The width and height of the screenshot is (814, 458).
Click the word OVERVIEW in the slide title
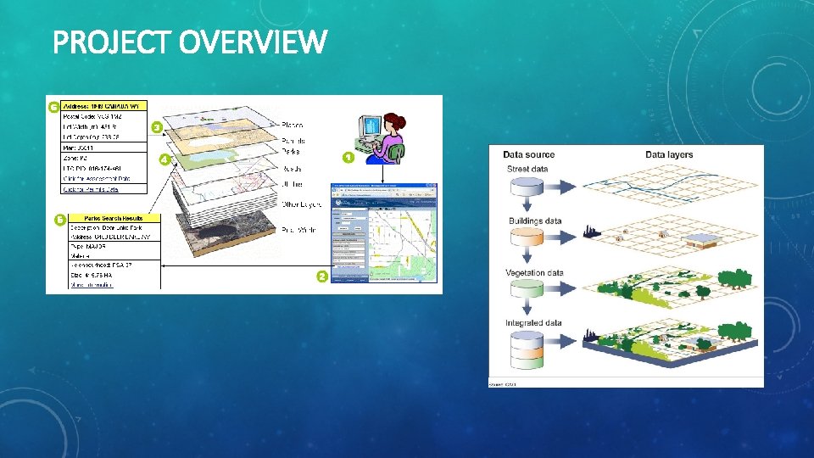pos(253,42)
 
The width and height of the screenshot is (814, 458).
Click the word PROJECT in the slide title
pos(113,42)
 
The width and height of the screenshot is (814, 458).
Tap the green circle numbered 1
pos(348,157)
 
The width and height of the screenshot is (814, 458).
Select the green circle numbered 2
pos(322,276)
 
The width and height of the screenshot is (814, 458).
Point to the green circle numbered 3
pos(157,127)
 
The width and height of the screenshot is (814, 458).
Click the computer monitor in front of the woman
pos(371,128)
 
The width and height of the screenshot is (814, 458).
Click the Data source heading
pos(528,155)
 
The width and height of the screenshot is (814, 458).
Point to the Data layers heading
pos(669,155)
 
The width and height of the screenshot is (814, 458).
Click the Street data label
pos(527,170)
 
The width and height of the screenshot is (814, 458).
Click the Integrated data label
pos(533,323)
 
